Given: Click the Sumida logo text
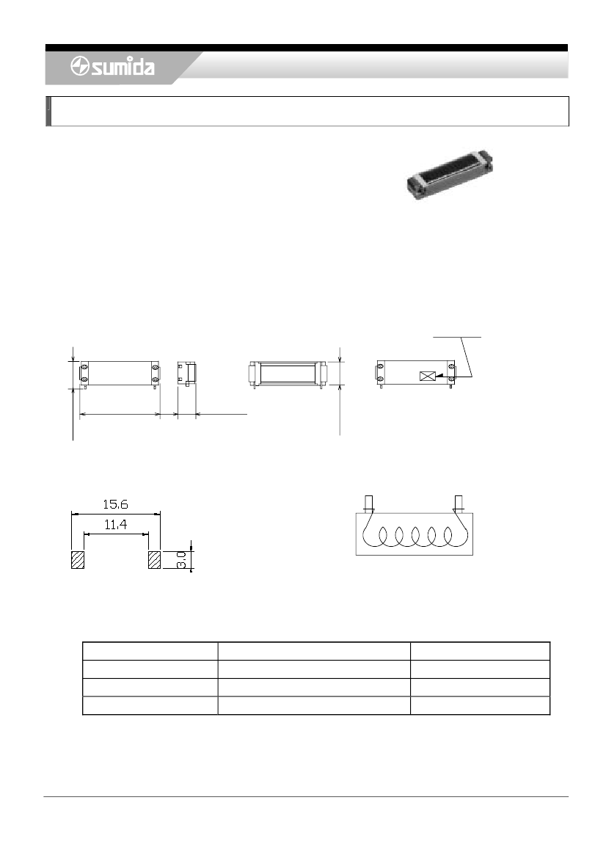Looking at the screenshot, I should coord(123,68).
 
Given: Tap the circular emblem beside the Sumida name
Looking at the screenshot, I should coord(80,68).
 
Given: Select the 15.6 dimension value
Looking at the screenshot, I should coord(114,506).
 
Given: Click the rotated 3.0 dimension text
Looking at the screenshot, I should coord(180,561).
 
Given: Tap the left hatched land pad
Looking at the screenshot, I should coord(78,560).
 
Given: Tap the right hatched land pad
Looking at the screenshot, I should coord(154,560).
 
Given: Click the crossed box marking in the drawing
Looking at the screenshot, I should coord(426,377).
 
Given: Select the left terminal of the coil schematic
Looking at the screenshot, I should coord(368,504).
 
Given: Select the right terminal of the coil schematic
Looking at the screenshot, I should coord(459,504).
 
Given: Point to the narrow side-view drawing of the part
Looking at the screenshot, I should coord(186,372).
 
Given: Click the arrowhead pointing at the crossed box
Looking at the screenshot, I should coord(440,377).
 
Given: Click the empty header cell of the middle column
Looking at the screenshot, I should coord(313,651).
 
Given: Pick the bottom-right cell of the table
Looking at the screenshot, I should coord(480,705).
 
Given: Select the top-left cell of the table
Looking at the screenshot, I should coord(150,651).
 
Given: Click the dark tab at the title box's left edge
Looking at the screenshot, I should coord(48,112).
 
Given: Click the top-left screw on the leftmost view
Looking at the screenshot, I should coord(84,366).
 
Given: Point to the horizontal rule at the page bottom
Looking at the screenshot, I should coord(306,796).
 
